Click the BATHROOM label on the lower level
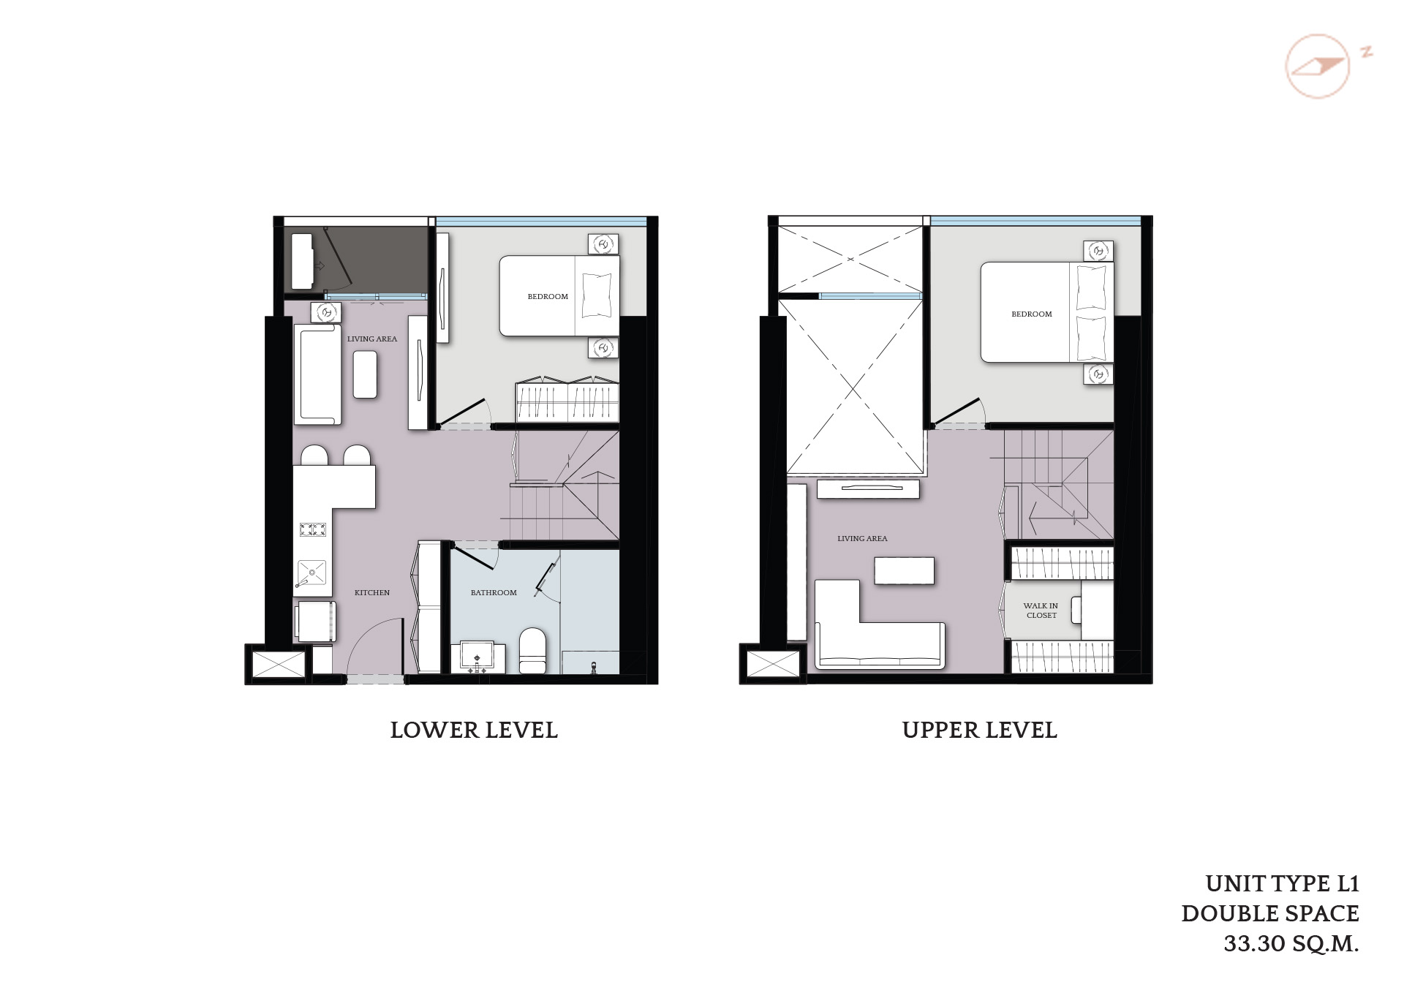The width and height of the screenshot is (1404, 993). click(494, 592)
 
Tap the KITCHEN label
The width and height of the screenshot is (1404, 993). click(372, 592)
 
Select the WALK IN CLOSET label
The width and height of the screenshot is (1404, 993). click(1041, 611)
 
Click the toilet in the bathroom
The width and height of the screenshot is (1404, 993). click(532, 650)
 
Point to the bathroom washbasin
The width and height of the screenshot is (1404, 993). click(478, 657)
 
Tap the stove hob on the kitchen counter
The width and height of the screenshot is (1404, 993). click(312, 529)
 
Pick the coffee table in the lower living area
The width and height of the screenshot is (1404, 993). click(365, 374)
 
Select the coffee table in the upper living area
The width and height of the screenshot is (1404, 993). click(904, 570)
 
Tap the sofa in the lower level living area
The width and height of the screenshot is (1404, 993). click(317, 374)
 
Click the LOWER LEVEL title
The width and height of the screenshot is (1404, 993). click(474, 730)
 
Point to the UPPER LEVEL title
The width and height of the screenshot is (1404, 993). click(979, 730)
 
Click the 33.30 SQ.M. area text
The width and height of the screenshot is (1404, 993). click(1291, 943)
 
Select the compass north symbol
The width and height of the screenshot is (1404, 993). click(1318, 66)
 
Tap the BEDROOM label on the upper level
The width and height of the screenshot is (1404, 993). click(1031, 314)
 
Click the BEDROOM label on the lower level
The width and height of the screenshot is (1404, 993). click(548, 296)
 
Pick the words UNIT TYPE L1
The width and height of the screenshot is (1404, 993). click(1282, 883)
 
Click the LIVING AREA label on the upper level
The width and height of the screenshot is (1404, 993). click(862, 538)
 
